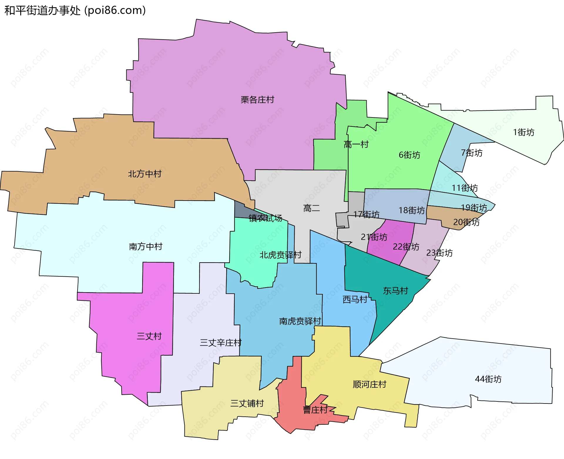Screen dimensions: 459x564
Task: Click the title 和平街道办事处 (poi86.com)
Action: click(75, 10)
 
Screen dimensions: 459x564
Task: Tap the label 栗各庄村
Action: click(257, 100)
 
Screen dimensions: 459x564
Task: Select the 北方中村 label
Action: click(145, 174)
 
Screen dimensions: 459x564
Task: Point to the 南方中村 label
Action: click(145, 246)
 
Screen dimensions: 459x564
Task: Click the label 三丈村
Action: click(149, 336)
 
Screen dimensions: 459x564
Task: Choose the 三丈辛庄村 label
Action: click(220, 342)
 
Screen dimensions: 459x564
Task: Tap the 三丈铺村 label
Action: click(247, 403)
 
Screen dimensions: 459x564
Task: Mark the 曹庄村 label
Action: click(315, 410)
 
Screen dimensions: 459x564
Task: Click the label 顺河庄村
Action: click(370, 384)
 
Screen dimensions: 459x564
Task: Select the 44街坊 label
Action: click(488, 379)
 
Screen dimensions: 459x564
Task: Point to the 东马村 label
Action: click(395, 291)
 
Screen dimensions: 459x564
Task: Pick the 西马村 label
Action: click(355, 299)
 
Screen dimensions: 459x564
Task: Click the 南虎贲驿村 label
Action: click(300, 321)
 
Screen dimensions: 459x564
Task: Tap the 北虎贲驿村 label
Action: click(280, 255)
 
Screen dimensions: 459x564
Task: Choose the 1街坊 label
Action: click(523, 132)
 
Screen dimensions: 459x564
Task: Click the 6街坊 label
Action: click(409, 155)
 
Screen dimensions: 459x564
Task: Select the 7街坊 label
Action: click(471, 153)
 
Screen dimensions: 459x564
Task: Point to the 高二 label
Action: click(311, 208)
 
